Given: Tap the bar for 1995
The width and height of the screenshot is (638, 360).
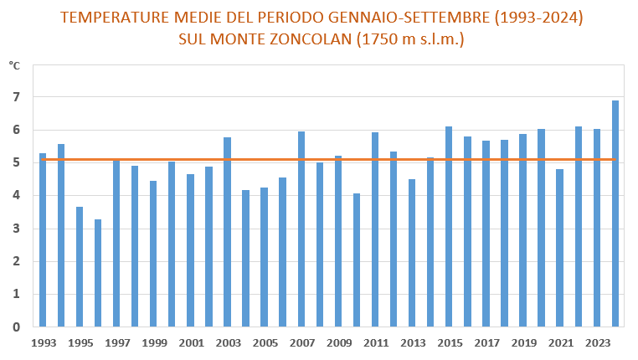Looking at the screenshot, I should coord(80,267).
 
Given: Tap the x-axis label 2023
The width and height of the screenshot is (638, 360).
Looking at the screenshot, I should coord(597,343).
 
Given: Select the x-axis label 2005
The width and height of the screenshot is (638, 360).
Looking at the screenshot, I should coord(265,343).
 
